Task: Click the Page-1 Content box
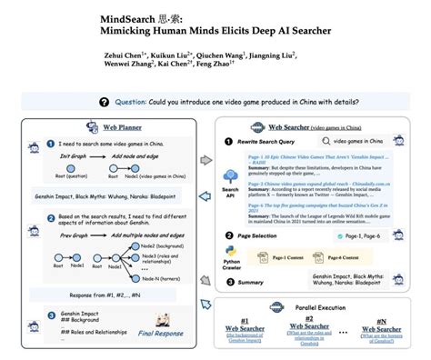coord(295,256)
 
